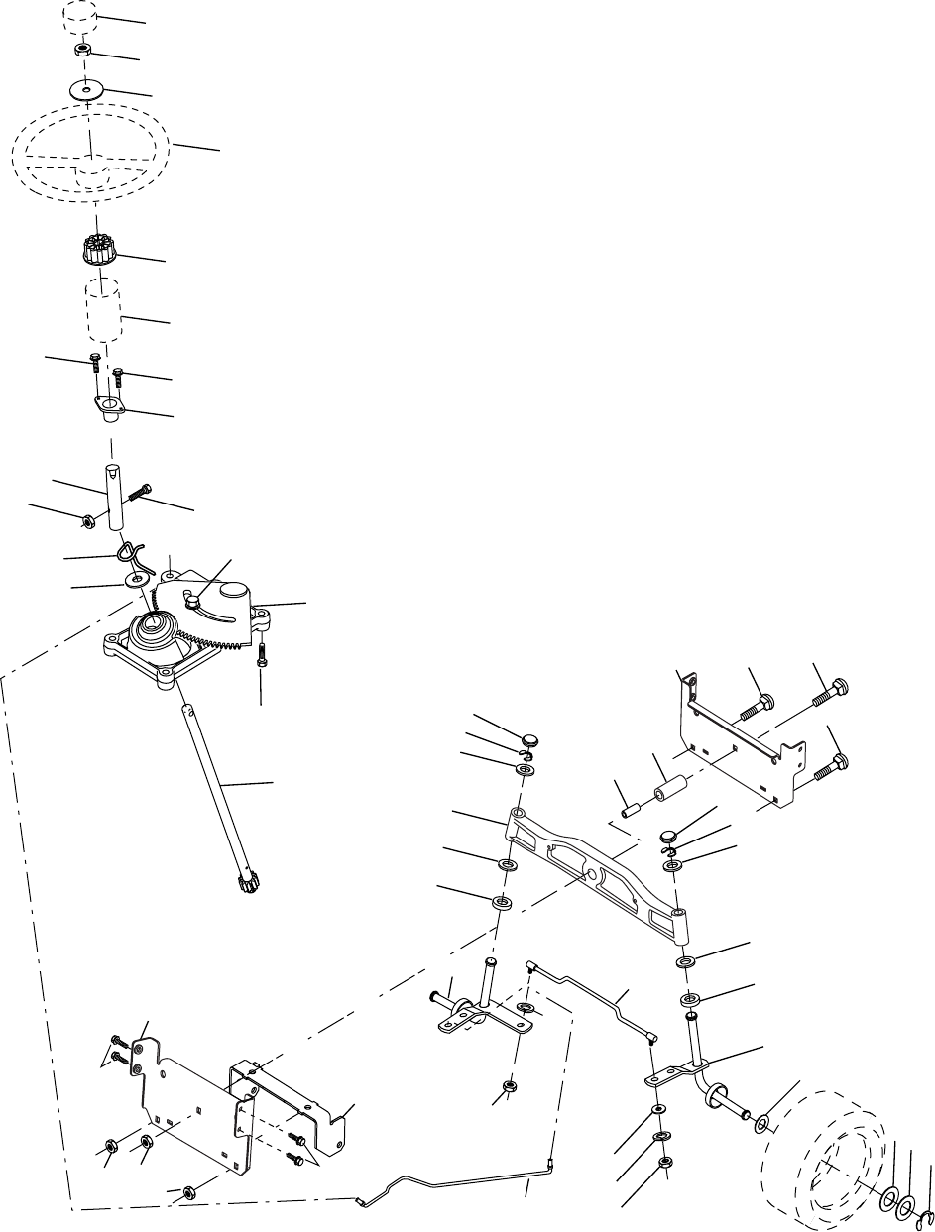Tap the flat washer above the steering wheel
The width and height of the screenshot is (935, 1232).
pos(88,90)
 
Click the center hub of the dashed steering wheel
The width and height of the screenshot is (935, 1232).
pos(91,169)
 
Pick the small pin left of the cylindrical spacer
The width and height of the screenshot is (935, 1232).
pos(628,808)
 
